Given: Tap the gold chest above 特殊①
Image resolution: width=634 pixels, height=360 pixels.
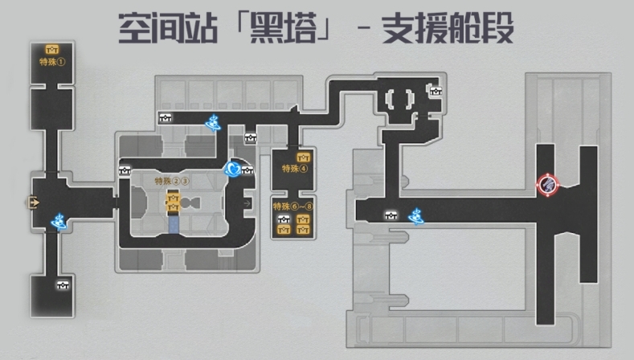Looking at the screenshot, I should point(52,49).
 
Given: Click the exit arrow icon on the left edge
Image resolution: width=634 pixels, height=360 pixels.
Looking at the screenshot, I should point(35,202).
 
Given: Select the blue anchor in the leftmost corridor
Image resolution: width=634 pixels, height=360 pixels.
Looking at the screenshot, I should point(58,219).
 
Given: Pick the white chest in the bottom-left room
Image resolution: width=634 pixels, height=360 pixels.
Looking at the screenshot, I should point(62,283).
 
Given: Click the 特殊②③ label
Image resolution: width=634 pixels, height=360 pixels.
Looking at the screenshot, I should point(172,182).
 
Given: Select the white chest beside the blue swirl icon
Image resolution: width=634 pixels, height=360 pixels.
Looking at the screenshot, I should point(247,169).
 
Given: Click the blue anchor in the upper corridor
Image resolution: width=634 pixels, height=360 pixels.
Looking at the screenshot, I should point(214,122).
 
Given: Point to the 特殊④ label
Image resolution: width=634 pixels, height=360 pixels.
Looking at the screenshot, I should point(294,169).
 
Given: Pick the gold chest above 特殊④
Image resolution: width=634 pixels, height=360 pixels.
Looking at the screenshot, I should point(303,157).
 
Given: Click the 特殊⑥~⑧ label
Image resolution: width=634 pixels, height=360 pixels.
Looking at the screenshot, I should point(292,206).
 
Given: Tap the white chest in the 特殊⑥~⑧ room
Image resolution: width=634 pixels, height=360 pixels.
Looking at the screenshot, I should point(284,219).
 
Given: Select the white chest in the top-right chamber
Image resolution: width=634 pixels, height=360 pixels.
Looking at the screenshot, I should point(436,91).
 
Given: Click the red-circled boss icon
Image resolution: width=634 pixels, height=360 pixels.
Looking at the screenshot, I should point(548,185).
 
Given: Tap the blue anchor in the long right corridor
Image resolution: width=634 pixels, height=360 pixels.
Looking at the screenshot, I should point(416,215).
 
